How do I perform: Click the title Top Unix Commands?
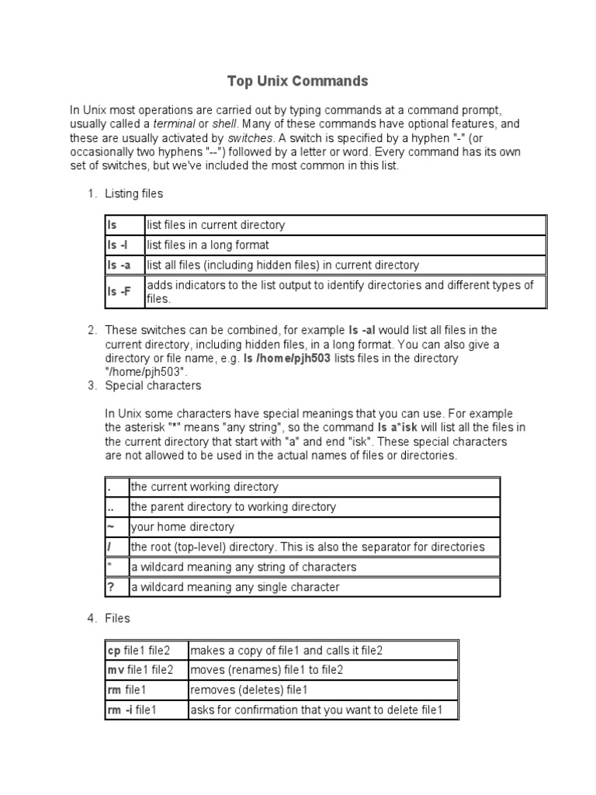297,81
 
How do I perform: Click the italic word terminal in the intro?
174,123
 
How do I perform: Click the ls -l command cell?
124,245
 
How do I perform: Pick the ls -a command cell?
124,266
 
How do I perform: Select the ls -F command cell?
124,292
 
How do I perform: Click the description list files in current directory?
216,225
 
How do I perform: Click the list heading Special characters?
153,385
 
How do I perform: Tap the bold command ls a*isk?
401,427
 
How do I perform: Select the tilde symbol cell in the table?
116,527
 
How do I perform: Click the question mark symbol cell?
116,587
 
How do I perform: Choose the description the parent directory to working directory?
233,507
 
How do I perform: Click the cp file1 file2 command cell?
146,651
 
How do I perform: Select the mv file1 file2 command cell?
146,670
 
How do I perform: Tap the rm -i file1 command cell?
146,710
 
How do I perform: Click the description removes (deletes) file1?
249,690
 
